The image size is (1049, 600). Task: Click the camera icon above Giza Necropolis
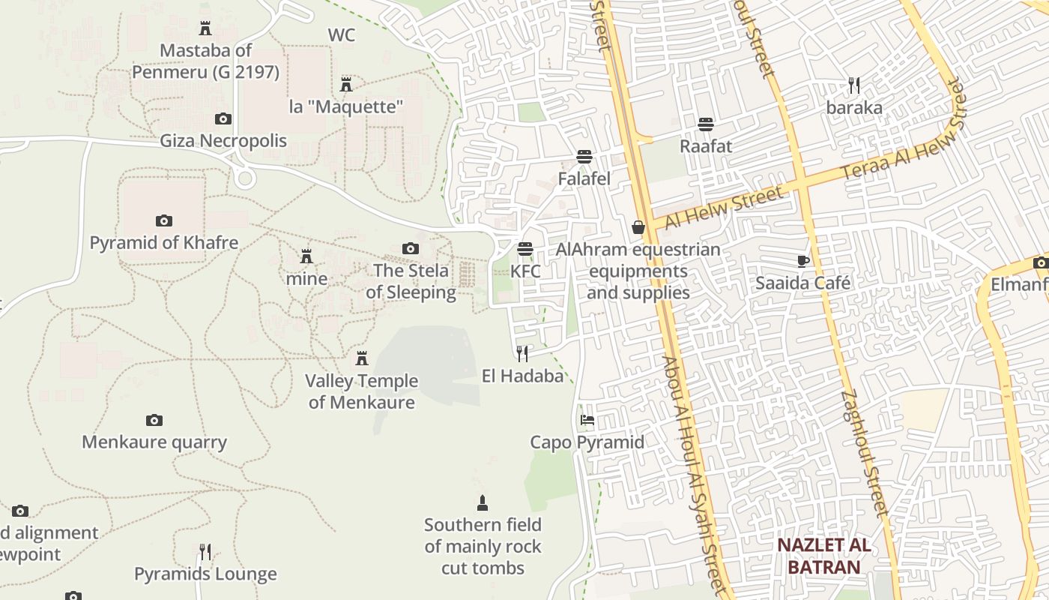(x=223, y=118)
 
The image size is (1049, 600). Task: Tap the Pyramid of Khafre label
(x=164, y=243)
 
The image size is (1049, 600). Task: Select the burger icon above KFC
(x=525, y=248)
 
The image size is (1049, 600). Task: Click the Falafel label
(x=584, y=178)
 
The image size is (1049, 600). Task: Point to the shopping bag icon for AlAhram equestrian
(x=638, y=226)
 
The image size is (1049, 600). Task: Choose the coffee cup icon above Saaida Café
(x=803, y=261)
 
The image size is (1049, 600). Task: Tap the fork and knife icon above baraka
(x=854, y=85)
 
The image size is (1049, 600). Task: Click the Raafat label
(x=705, y=145)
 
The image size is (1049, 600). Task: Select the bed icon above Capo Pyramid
(x=587, y=420)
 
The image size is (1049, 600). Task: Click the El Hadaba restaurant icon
(x=522, y=353)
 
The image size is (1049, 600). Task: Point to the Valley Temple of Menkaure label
(x=361, y=391)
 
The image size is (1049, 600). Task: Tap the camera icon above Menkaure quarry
(x=154, y=420)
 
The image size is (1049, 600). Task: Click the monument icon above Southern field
(x=483, y=502)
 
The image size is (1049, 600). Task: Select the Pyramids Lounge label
(x=205, y=574)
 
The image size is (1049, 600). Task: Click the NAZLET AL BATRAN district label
(x=823, y=556)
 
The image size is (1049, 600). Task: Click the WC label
(x=341, y=35)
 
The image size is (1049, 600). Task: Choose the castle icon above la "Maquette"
(x=346, y=84)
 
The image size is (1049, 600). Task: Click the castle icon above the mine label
(x=306, y=256)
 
